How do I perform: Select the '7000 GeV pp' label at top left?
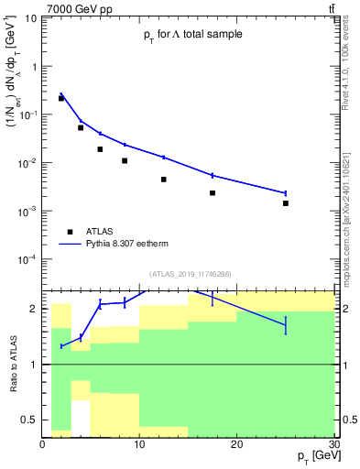click(70, 8)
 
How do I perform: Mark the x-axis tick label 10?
click(139, 444)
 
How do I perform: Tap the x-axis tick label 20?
click(236, 444)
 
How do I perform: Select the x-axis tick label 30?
click(333, 444)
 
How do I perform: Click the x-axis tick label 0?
click(42, 444)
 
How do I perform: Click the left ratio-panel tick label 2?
click(34, 309)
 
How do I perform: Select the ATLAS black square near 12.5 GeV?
click(164, 180)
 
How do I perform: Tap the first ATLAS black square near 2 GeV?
click(61, 98)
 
